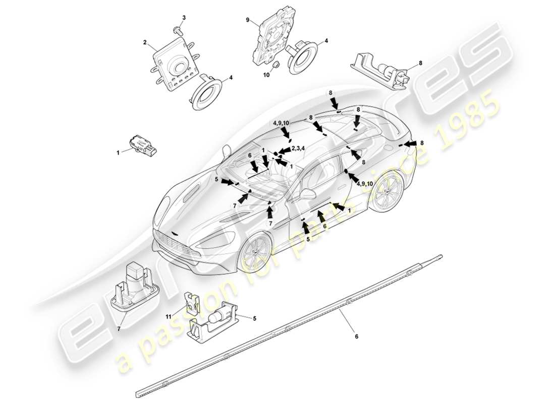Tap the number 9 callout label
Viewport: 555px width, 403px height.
tap(248, 20)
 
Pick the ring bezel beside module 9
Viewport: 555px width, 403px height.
tap(302, 56)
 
